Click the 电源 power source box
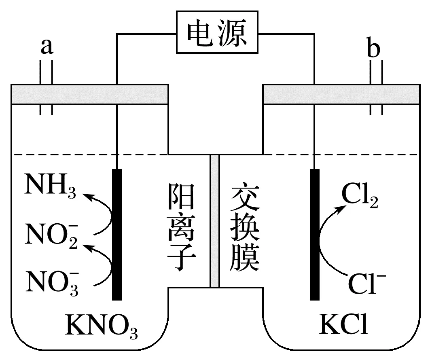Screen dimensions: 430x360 click(x=217, y=32)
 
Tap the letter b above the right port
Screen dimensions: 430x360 click(x=373, y=49)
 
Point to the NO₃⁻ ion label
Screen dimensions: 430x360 click(x=52, y=282)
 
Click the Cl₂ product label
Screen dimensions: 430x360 click(x=360, y=196)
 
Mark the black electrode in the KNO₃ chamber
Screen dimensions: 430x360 click(x=117, y=235)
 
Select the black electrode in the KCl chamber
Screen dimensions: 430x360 click(x=315, y=235)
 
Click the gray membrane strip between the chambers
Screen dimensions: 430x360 click(x=215, y=221)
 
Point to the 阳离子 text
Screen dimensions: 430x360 click(x=181, y=227)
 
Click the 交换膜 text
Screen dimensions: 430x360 click(x=245, y=229)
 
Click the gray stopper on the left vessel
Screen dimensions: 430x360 click(x=89, y=94)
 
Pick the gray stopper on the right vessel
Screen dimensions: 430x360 click(x=341, y=94)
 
